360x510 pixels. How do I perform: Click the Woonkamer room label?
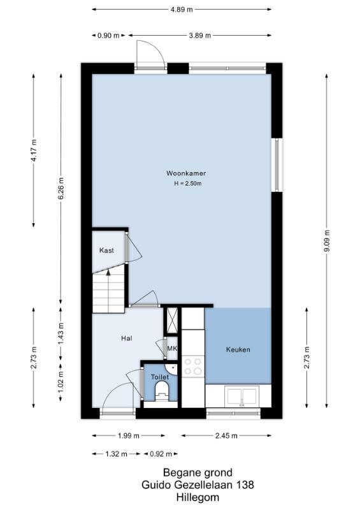pos(186,173)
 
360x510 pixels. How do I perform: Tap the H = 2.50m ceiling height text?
pos(187,184)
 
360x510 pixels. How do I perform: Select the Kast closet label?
pos(106,250)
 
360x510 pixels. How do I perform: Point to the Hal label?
pos(127,339)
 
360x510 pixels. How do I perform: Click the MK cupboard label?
pos(172,348)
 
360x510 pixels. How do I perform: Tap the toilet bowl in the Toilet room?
pos(162,391)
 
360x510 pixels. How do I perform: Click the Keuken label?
pos(238,349)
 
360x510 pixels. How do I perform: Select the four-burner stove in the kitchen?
pos(193,366)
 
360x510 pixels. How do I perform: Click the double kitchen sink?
pos(242,396)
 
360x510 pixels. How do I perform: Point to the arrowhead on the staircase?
pos(108,272)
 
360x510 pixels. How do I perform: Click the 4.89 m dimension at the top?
pos(182,10)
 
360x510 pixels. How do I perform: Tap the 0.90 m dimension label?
pos(108,36)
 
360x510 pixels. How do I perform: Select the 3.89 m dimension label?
pos(199,36)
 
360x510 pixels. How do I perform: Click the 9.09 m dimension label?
pos(327,241)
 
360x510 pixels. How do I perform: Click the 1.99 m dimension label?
pos(129,436)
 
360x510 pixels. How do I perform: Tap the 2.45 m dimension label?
pos(226,436)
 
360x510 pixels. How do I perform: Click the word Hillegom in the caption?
pos(198,497)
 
